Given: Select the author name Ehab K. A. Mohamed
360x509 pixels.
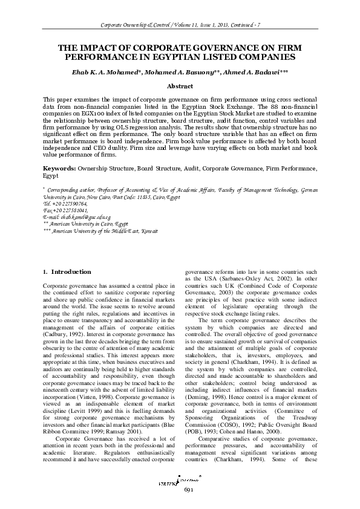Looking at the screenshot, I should point(103,72).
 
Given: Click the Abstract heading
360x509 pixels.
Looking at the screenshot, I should point(180,86).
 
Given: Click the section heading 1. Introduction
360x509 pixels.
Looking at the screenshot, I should point(68,271).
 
